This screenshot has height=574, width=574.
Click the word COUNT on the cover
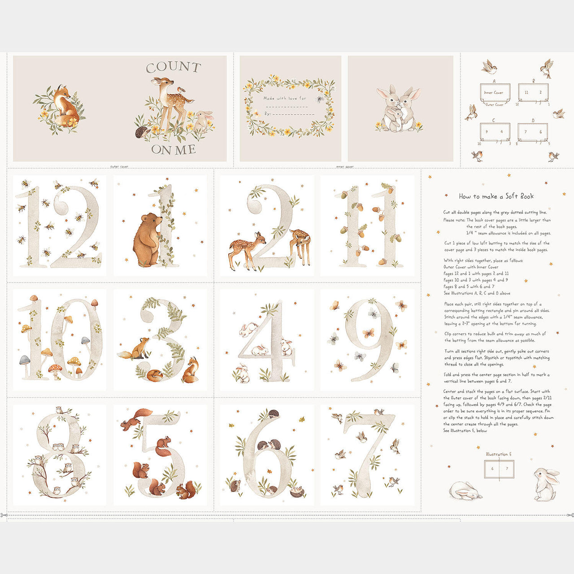tap(173, 68)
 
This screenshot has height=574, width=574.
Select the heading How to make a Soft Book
tap(496, 196)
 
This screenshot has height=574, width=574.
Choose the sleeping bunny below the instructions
tap(465, 490)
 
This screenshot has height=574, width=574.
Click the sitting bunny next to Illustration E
tap(546, 484)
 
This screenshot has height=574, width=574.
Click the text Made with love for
tap(285, 98)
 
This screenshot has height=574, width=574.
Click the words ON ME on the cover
tap(173, 150)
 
